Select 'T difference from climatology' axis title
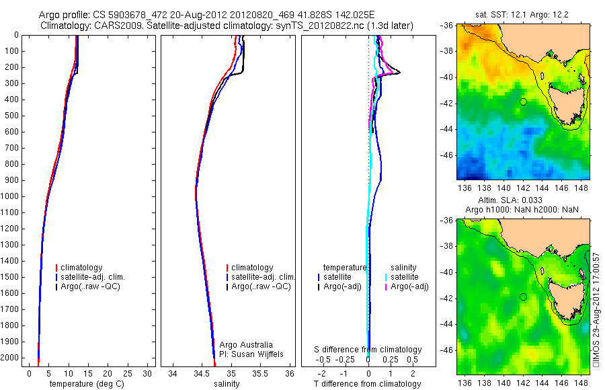pos(368,384)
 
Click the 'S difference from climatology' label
pos(368,350)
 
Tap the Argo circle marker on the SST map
pos(523,102)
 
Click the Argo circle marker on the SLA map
pos(523,297)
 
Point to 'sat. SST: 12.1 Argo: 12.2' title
pos(524,15)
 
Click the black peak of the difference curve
pos(401,73)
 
